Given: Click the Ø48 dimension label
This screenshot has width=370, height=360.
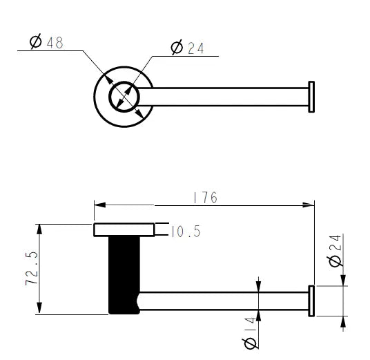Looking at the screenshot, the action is click(46, 41).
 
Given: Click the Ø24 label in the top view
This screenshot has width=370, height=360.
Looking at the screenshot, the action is click(187, 47).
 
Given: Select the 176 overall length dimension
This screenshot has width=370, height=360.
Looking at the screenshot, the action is click(205, 198).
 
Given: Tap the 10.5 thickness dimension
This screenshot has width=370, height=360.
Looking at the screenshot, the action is click(186, 231).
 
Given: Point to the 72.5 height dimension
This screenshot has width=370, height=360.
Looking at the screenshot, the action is click(32, 269).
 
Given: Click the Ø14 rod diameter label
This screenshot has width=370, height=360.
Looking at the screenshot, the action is click(250, 333).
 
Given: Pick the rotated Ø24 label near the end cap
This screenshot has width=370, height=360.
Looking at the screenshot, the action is click(335, 251).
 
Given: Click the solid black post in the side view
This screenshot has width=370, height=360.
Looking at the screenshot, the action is click(124, 275).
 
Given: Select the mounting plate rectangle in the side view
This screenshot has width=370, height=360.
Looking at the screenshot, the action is click(124, 229).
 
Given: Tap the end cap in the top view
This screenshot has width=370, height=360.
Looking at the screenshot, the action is click(311, 97).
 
